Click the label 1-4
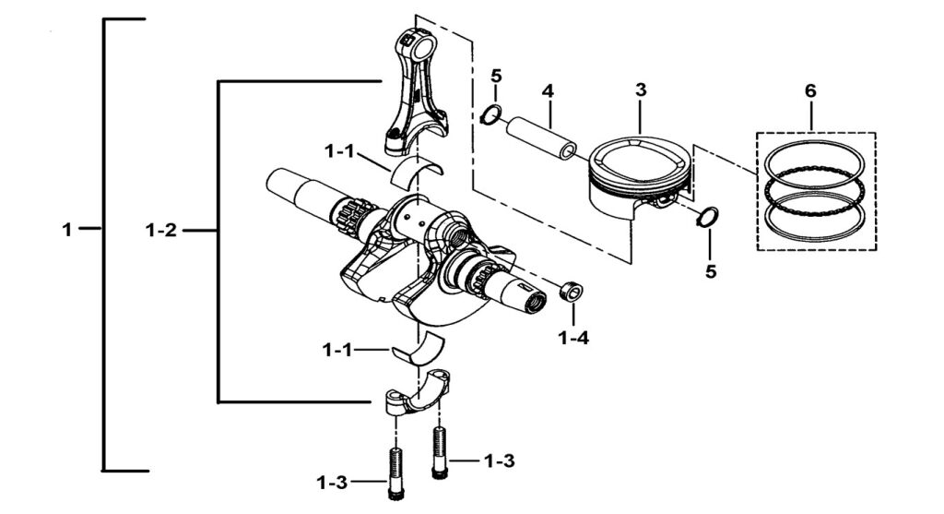[x=573, y=338]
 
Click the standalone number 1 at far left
[x=66, y=230]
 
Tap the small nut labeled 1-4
[x=570, y=293]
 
